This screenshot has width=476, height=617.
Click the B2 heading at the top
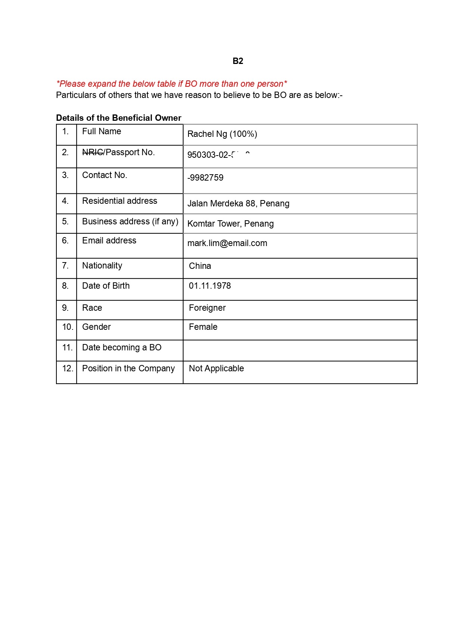pos(238,61)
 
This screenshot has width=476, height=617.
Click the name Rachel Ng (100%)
pos(222,134)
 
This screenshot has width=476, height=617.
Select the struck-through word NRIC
pos(92,152)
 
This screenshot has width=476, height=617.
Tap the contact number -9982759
pos(205,178)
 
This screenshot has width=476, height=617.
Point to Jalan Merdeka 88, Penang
pos(238,203)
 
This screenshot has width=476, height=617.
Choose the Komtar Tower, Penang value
pos(230,224)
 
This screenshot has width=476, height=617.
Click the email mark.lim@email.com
pos(227,243)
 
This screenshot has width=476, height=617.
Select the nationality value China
pos(200,266)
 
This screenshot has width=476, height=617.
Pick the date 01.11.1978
pos(210,286)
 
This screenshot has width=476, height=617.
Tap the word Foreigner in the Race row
pos(207,308)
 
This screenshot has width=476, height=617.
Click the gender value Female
pos(203,327)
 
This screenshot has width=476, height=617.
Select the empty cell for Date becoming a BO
pos(300,350)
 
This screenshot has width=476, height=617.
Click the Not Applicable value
pos(216,368)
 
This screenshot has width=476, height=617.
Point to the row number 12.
pos(67,368)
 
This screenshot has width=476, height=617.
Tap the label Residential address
pos(119,201)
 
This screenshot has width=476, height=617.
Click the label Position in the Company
pos(128,368)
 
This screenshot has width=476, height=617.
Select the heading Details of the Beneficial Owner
pos(119,118)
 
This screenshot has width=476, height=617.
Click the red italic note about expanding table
pos(171,84)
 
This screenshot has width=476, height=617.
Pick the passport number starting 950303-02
pos(218,155)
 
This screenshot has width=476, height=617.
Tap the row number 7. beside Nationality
pos(65,265)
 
